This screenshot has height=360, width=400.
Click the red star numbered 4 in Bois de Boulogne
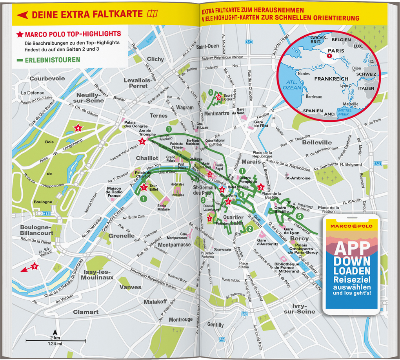coord(78,128)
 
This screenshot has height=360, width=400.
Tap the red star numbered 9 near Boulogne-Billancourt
coord(35,266)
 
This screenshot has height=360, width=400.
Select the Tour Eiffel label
coord(153,188)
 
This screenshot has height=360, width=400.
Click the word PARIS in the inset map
coord(336,51)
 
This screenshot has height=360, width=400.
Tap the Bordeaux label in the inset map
coord(313,97)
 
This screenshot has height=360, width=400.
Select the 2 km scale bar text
coord(55,338)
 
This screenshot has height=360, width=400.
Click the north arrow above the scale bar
coord(55,332)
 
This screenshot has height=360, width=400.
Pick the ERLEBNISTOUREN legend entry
coord(52,60)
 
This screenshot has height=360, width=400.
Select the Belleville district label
coord(317,143)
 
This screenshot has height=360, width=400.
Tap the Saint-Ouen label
coord(207,46)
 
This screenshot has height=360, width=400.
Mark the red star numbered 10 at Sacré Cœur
coord(218,97)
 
